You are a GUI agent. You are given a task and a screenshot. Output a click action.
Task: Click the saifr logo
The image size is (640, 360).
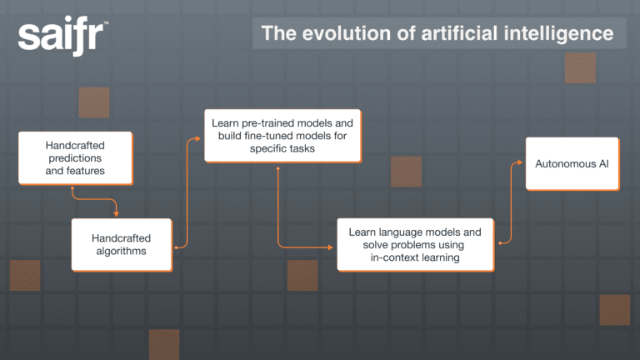[x=62, y=37]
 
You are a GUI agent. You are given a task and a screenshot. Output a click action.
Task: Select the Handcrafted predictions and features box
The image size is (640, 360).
[x=75, y=158]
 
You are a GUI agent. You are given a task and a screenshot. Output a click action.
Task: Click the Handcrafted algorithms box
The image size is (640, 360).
[x=121, y=244]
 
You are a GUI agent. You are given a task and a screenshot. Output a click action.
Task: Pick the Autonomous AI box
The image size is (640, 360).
[x=572, y=163]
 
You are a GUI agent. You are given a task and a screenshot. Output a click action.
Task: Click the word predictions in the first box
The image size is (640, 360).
[x=75, y=158]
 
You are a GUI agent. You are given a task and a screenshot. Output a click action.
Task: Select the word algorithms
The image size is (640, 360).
[x=121, y=251]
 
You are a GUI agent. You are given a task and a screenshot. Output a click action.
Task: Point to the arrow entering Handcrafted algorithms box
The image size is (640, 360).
[x=116, y=213]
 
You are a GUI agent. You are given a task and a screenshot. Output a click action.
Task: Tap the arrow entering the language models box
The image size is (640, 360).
[x=332, y=247]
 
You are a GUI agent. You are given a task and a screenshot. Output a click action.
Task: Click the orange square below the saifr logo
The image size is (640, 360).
[x=94, y=102]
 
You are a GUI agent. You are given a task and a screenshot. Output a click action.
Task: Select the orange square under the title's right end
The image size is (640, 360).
[x=580, y=67]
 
